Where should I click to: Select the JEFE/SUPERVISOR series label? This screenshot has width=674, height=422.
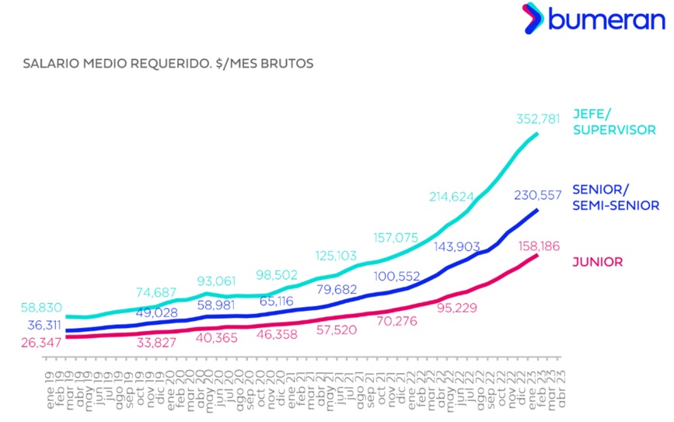[x=614, y=120]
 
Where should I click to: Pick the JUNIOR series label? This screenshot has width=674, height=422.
[x=597, y=262]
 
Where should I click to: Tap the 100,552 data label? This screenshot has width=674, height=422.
[x=400, y=275]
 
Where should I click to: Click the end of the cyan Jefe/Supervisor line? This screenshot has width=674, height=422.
[x=537, y=134]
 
